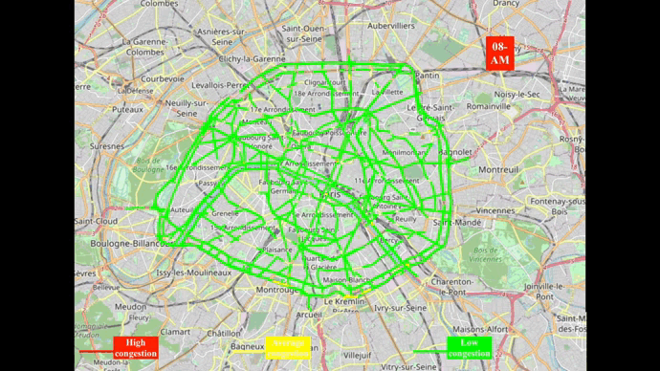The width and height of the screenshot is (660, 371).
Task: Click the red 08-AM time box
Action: pyautogui.click(x=500, y=53)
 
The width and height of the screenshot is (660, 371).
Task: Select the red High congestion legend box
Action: pyautogui.click(x=135, y=348)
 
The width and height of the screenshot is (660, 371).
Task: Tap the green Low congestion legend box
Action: pyautogui.click(x=469, y=348)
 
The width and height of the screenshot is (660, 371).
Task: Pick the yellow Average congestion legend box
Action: pyautogui.click(x=289, y=347)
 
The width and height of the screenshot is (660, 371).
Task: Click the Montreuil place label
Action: pyautogui.click(x=497, y=169)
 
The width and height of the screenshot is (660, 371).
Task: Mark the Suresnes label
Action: pyautogui.click(x=107, y=147)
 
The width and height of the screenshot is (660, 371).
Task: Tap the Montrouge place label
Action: pyautogui.click(x=279, y=289)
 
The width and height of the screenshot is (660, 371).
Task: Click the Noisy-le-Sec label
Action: pyautogui.click(x=518, y=94)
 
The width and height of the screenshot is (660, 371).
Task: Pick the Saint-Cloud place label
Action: pyautogui.click(x=96, y=221)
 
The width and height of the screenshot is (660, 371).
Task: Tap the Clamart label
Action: pyautogui.click(x=175, y=330)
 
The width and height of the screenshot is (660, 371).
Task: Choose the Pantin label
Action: pyautogui.click(x=428, y=75)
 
